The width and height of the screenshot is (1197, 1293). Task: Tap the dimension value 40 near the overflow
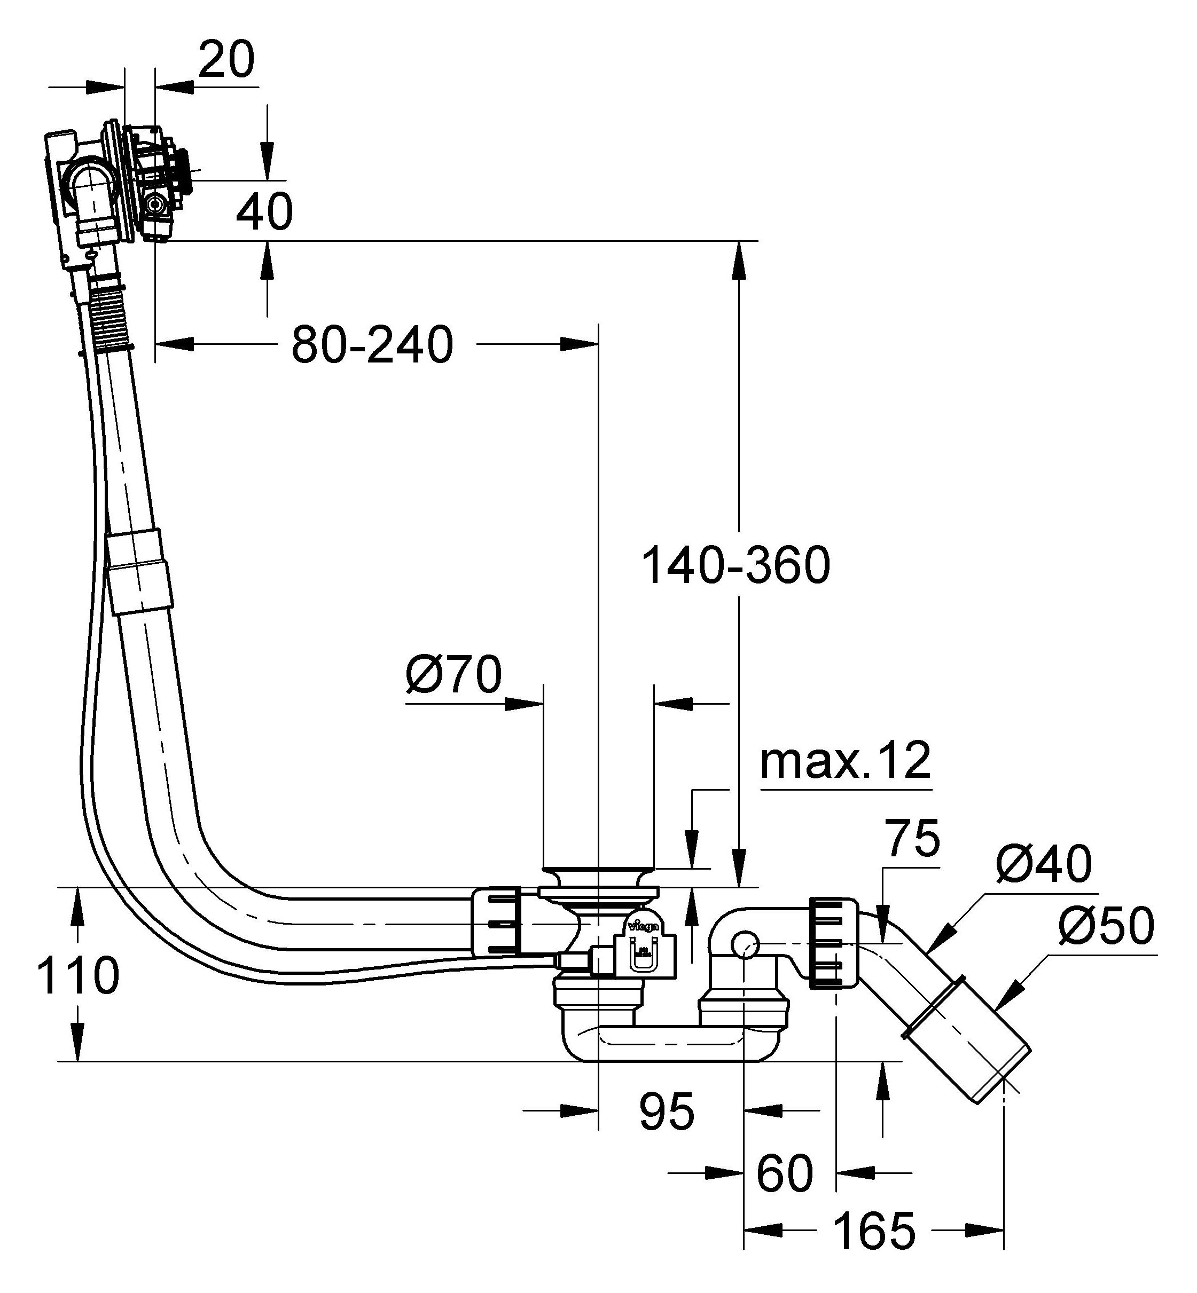[x=264, y=212]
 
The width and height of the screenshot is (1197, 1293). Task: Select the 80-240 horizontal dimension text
[x=372, y=345]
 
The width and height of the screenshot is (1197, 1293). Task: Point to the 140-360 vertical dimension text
[x=735, y=566]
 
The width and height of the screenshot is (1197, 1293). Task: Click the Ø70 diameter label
[x=453, y=675]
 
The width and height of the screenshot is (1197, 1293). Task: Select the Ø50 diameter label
[x=1106, y=926]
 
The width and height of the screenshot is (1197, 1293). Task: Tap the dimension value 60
[x=785, y=1173]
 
